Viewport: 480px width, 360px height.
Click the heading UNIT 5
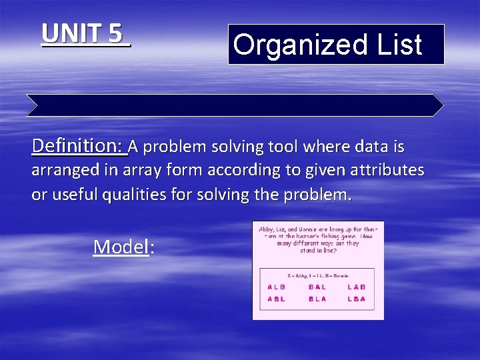(x=85, y=34)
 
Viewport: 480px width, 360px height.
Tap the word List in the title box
(x=398, y=45)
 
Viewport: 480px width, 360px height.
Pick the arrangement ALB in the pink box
(x=277, y=287)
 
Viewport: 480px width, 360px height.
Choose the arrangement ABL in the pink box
(x=277, y=299)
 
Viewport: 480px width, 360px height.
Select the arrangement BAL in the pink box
(x=317, y=287)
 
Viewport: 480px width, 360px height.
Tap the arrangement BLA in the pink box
(x=317, y=299)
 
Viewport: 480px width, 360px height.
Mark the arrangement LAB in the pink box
(x=357, y=287)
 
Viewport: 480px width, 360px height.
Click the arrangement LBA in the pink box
(x=357, y=299)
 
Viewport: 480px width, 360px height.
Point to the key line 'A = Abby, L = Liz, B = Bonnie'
(x=318, y=275)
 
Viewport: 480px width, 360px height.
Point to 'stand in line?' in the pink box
(x=318, y=251)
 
